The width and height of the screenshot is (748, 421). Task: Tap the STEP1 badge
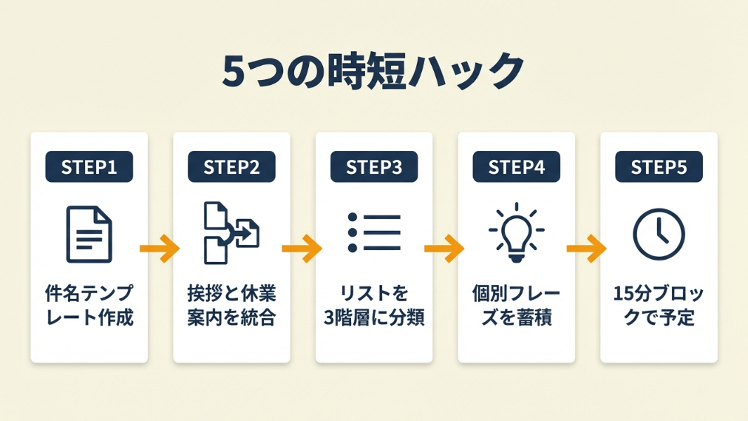click(x=89, y=167)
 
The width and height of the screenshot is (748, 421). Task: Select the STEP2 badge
click(x=231, y=167)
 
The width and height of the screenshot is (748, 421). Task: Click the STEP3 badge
click(x=374, y=167)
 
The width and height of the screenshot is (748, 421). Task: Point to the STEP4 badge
click(x=516, y=167)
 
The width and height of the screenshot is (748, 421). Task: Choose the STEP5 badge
click(x=659, y=167)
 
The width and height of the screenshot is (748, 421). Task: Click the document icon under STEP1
click(x=89, y=235)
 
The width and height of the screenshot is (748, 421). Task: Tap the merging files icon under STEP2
click(x=231, y=234)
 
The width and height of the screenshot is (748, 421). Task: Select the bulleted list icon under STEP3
click(x=374, y=233)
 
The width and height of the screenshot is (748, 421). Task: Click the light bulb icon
click(x=516, y=232)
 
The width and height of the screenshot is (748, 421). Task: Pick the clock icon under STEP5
click(x=659, y=235)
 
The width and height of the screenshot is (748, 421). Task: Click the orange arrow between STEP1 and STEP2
click(x=160, y=248)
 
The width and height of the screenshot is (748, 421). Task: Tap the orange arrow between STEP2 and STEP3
click(x=302, y=248)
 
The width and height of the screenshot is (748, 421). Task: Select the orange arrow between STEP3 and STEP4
click(x=444, y=248)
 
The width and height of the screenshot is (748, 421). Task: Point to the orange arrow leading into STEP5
click(x=587, y=248)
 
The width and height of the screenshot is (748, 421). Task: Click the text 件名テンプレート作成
click(x=89, y=306)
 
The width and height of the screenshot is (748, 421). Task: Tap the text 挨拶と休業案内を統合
click(x=231, y=306)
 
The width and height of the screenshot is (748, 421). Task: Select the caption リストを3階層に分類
click(x=374, y=306)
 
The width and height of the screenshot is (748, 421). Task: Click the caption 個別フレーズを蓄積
click(x=516, y=306)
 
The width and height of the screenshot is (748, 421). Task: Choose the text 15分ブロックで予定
click(x=659, y=306)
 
